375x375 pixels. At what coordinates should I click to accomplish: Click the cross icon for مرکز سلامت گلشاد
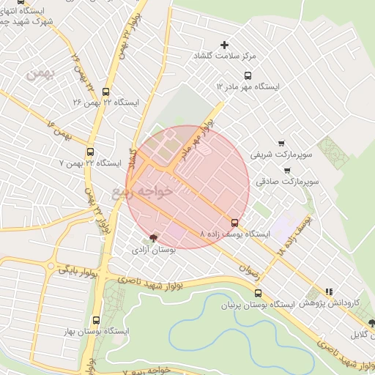coord(225,45)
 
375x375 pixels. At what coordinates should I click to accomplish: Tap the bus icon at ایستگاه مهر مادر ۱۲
coord(248,75)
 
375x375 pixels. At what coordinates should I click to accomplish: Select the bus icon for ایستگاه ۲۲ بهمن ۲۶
coord(107,92)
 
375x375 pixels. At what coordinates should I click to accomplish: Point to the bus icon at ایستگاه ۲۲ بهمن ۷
coord(90,152)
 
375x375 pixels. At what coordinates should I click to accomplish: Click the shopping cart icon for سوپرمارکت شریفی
coord(282,144)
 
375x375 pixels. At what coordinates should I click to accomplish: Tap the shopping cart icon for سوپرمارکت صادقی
coord(286,170)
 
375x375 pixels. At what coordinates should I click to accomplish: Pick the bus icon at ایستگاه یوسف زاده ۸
coord(234,223)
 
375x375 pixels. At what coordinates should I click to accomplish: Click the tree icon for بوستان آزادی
coord(153,237)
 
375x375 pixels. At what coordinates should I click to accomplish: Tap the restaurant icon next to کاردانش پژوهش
coord(329,291)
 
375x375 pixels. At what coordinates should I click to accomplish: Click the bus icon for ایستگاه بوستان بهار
coord(96,320)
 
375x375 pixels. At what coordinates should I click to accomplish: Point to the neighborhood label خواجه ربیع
coord(144,192)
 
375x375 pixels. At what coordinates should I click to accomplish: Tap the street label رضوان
coord(250,268)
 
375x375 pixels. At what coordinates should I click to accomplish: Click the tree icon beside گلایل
coord(372,323)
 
